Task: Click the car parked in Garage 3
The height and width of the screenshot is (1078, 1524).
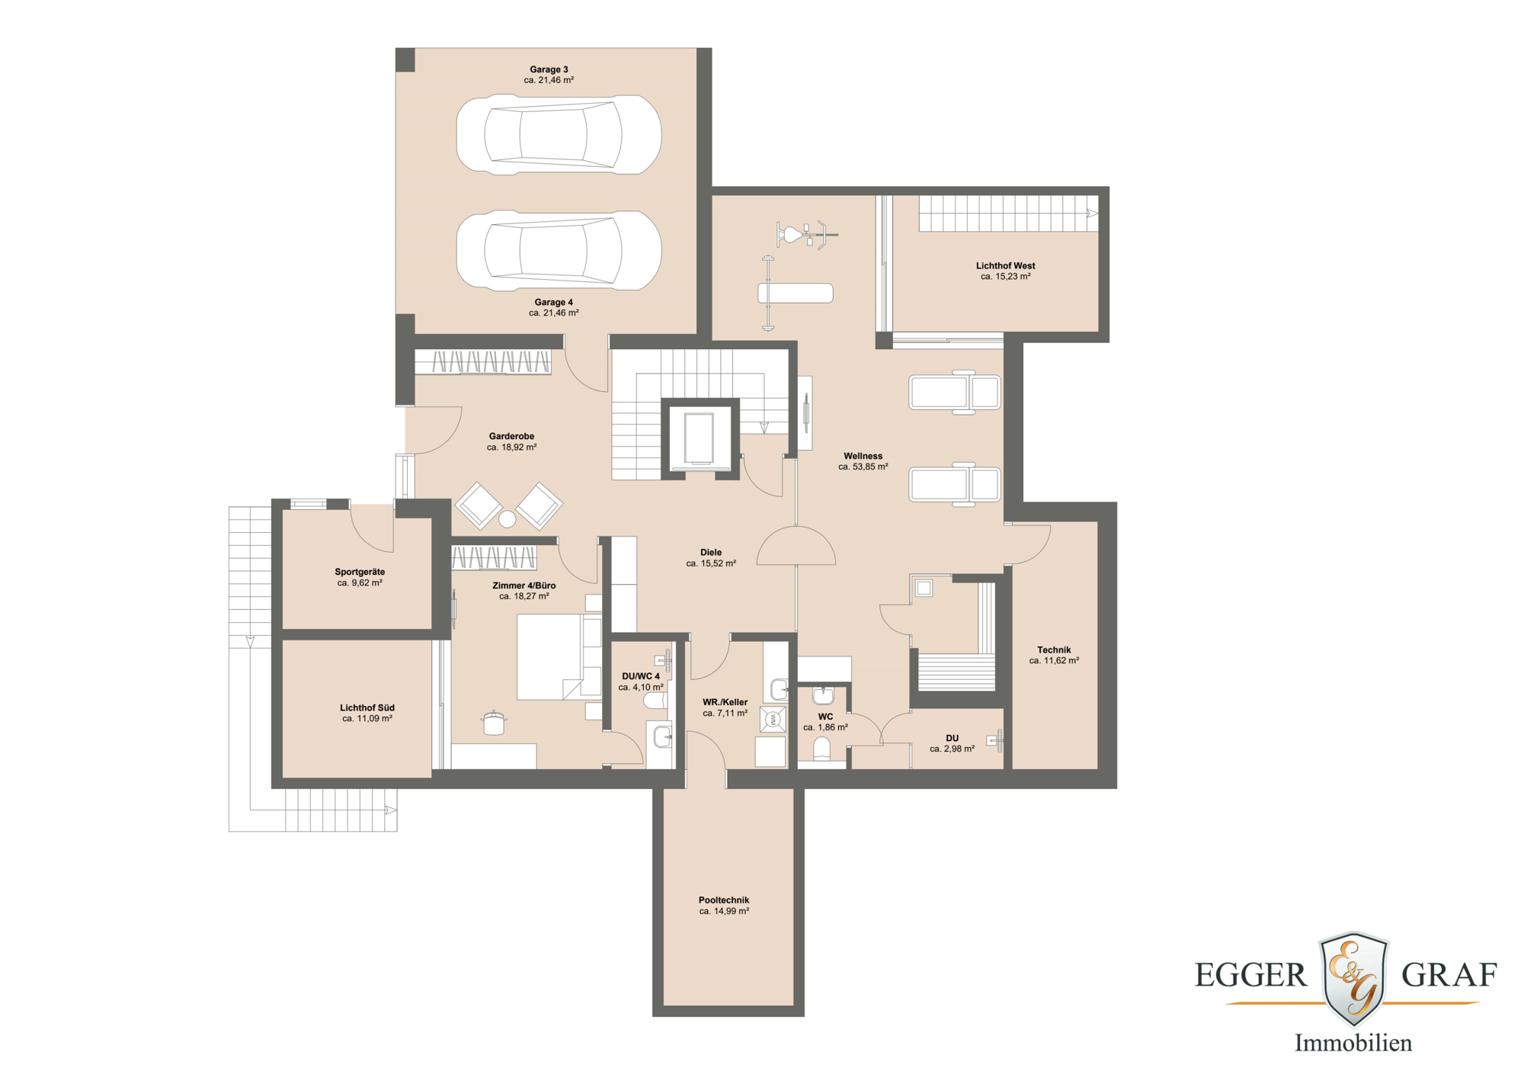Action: click(x=559, y=135)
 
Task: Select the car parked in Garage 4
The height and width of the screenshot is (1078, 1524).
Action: click(x=559, y=250)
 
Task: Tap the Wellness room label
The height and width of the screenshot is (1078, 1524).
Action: click(x=863, y=456)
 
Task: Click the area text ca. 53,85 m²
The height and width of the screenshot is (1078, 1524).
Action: click(x=863, y=467)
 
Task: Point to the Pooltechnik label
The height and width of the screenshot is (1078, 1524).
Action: click(x=724, y=900)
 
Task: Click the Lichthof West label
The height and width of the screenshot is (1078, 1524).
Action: click(x=1005, y=266)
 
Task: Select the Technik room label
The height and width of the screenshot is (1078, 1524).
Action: click(x=1054, y=650)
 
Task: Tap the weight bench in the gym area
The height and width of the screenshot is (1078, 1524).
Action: click(x=795, y=293)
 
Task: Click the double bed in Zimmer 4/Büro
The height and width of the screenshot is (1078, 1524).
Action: click(x=559, y=658)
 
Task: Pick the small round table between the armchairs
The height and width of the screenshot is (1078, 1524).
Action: click(x=507, y=519)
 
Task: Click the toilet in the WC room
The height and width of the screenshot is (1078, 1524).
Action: click(x=821, y=749)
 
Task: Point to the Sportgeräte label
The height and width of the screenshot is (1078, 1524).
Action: click(x=360, y=572)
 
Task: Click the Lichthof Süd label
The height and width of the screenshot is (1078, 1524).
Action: click(x=367, y=707)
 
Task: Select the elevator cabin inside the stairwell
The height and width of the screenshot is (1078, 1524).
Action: click(x=699, y=438)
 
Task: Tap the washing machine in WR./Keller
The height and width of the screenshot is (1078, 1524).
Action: click(x=773, y=719)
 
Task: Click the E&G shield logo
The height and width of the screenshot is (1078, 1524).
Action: click(x=1353, y=978)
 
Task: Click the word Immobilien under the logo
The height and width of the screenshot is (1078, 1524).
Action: click(x=1353, y=1042)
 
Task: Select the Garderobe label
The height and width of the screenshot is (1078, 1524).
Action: click(x=511, y=436)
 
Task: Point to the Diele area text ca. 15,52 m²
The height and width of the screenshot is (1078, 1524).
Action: click(x=710, y=563)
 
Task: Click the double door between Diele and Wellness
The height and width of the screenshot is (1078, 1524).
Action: click(x=796, y=547)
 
